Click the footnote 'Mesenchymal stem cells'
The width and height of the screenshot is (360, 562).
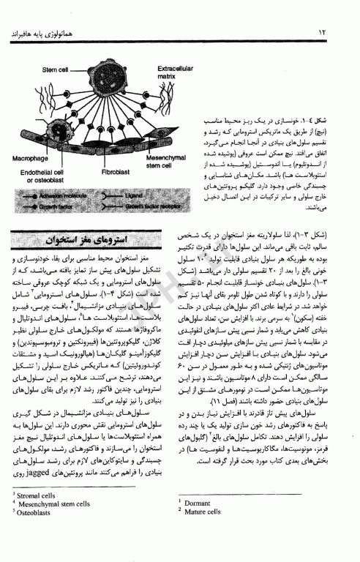click(x=56, y=506)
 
